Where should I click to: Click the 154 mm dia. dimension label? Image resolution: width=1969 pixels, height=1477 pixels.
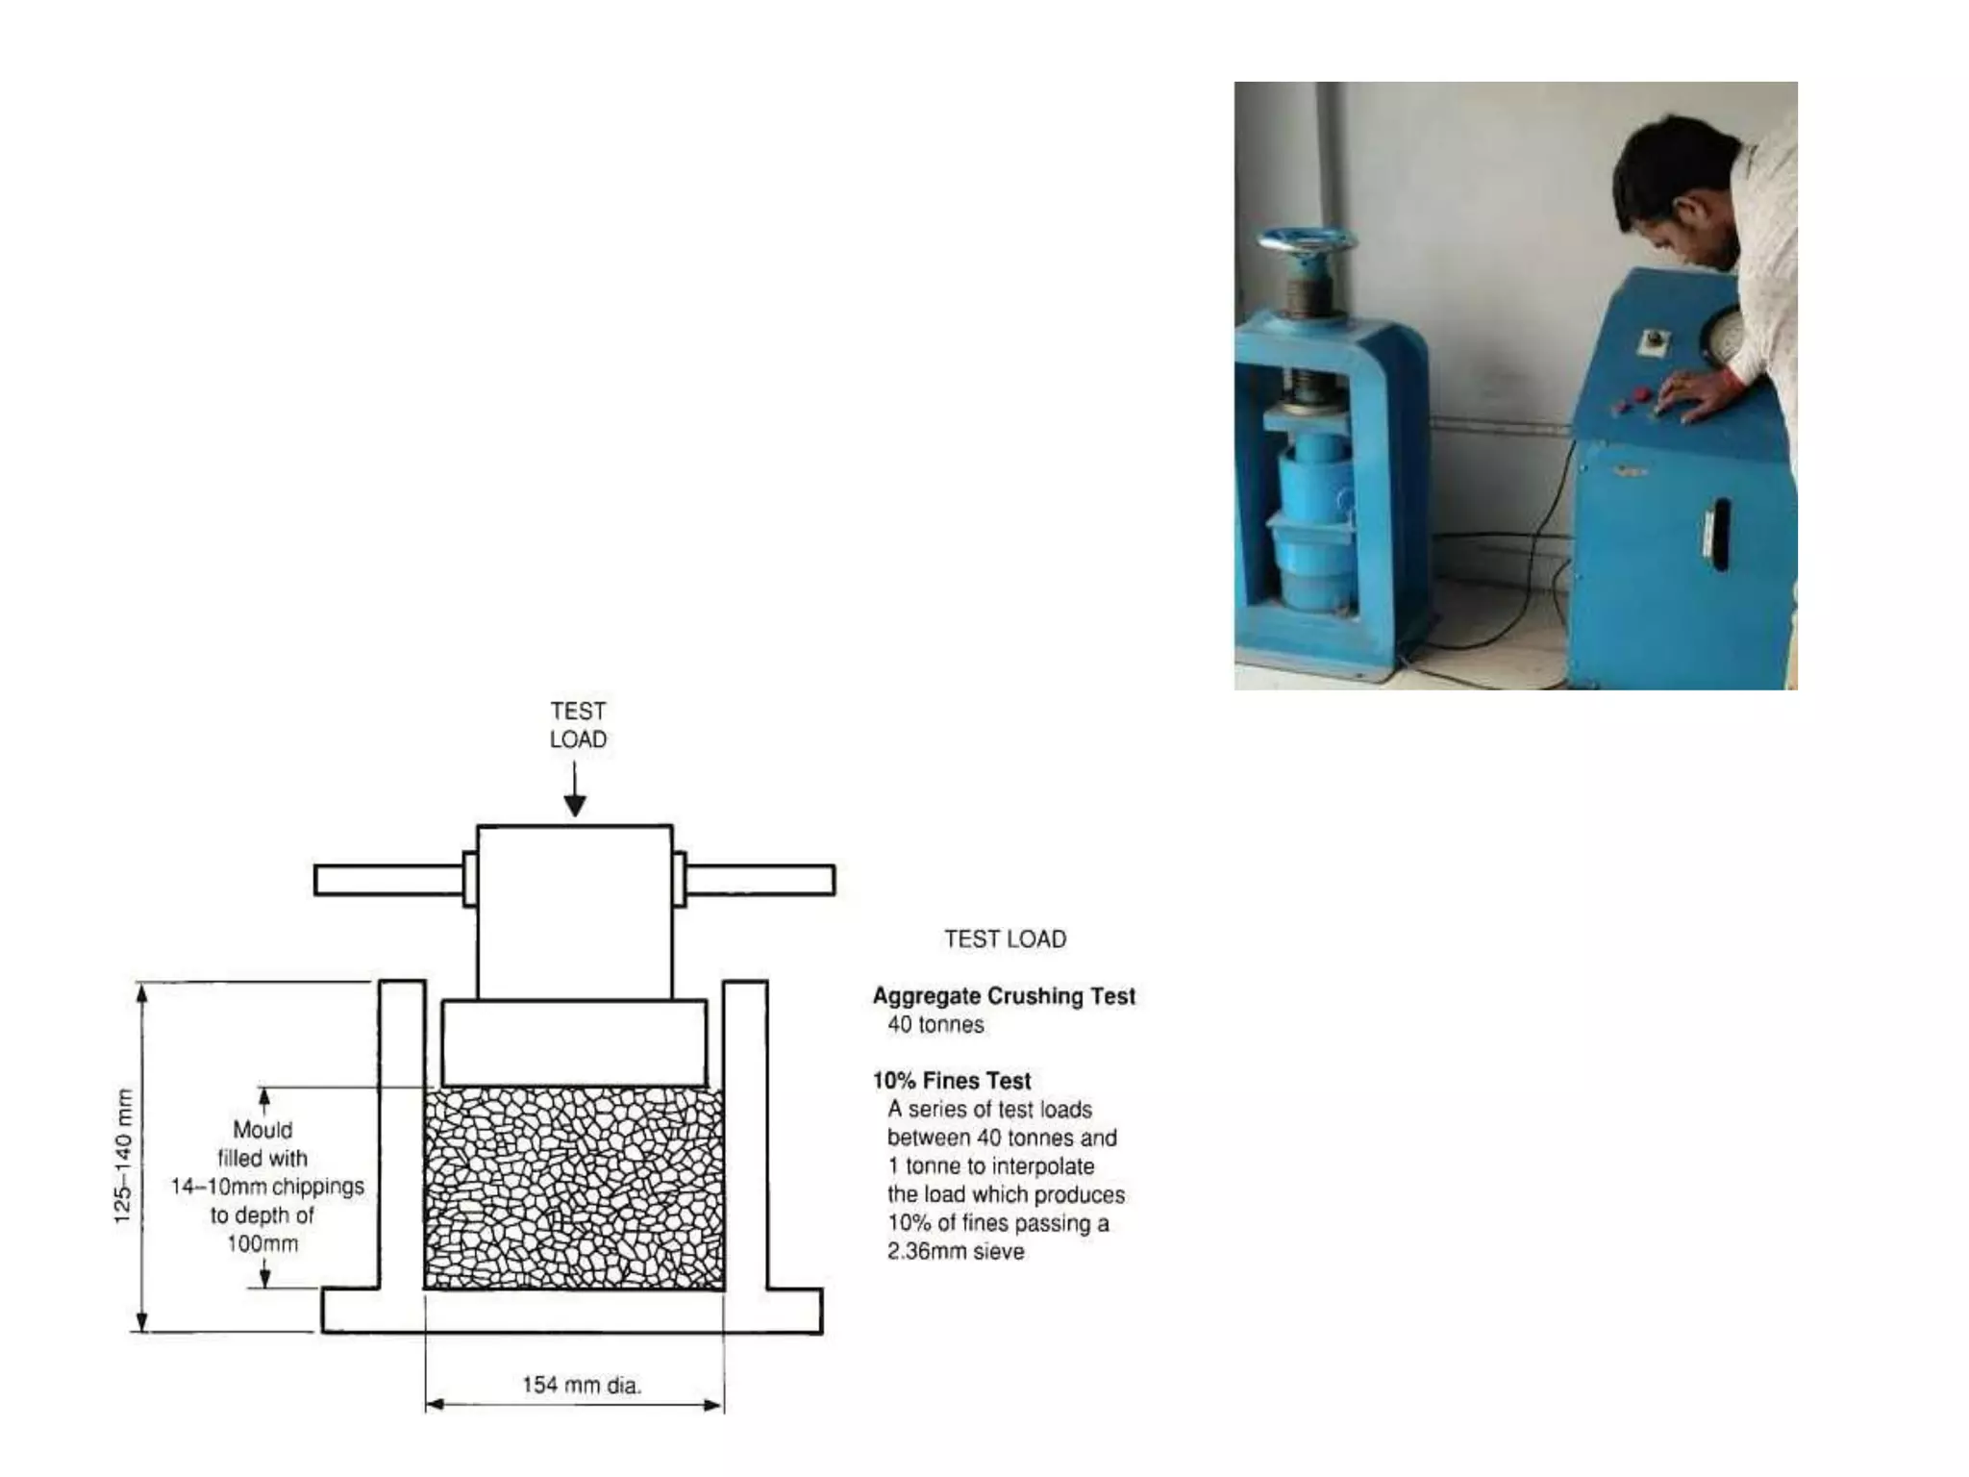pyautogui.click(x=581, y=1385)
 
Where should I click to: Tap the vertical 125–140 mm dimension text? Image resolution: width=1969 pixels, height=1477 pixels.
pyautogui.click(x=123, y=1156)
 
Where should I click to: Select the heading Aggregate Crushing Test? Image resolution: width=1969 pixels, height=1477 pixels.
pyautogui.click(x=1004, y=996)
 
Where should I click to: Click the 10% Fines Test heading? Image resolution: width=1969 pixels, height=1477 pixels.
pyautogui.click(x=951, y=1081)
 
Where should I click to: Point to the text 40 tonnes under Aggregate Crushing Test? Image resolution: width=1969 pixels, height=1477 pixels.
pyautogui.click(x=935, y=1025)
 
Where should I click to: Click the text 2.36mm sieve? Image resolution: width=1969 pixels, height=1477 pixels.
pyautogui.click(x=956, y=1252)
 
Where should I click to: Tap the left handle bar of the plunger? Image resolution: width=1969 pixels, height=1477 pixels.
pyautogui.click(x=388, y=880)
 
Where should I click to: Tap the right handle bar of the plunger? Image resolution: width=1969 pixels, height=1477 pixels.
pyautogui.click(x=760, y=880)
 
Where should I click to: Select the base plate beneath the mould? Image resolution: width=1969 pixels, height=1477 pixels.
pyautogui.click(x=573, y=1312)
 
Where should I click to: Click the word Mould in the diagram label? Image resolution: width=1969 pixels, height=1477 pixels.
pyautogui.click(x=262, y=1130)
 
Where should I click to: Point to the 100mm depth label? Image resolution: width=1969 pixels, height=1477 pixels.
pyautogui.click(x=262, y=1244)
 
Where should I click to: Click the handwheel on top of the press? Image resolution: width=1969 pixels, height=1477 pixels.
pyautogui.click(x=1306, y=239)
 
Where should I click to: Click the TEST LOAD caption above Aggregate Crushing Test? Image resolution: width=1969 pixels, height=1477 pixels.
pyautogui.click(x=1005, y=939)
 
